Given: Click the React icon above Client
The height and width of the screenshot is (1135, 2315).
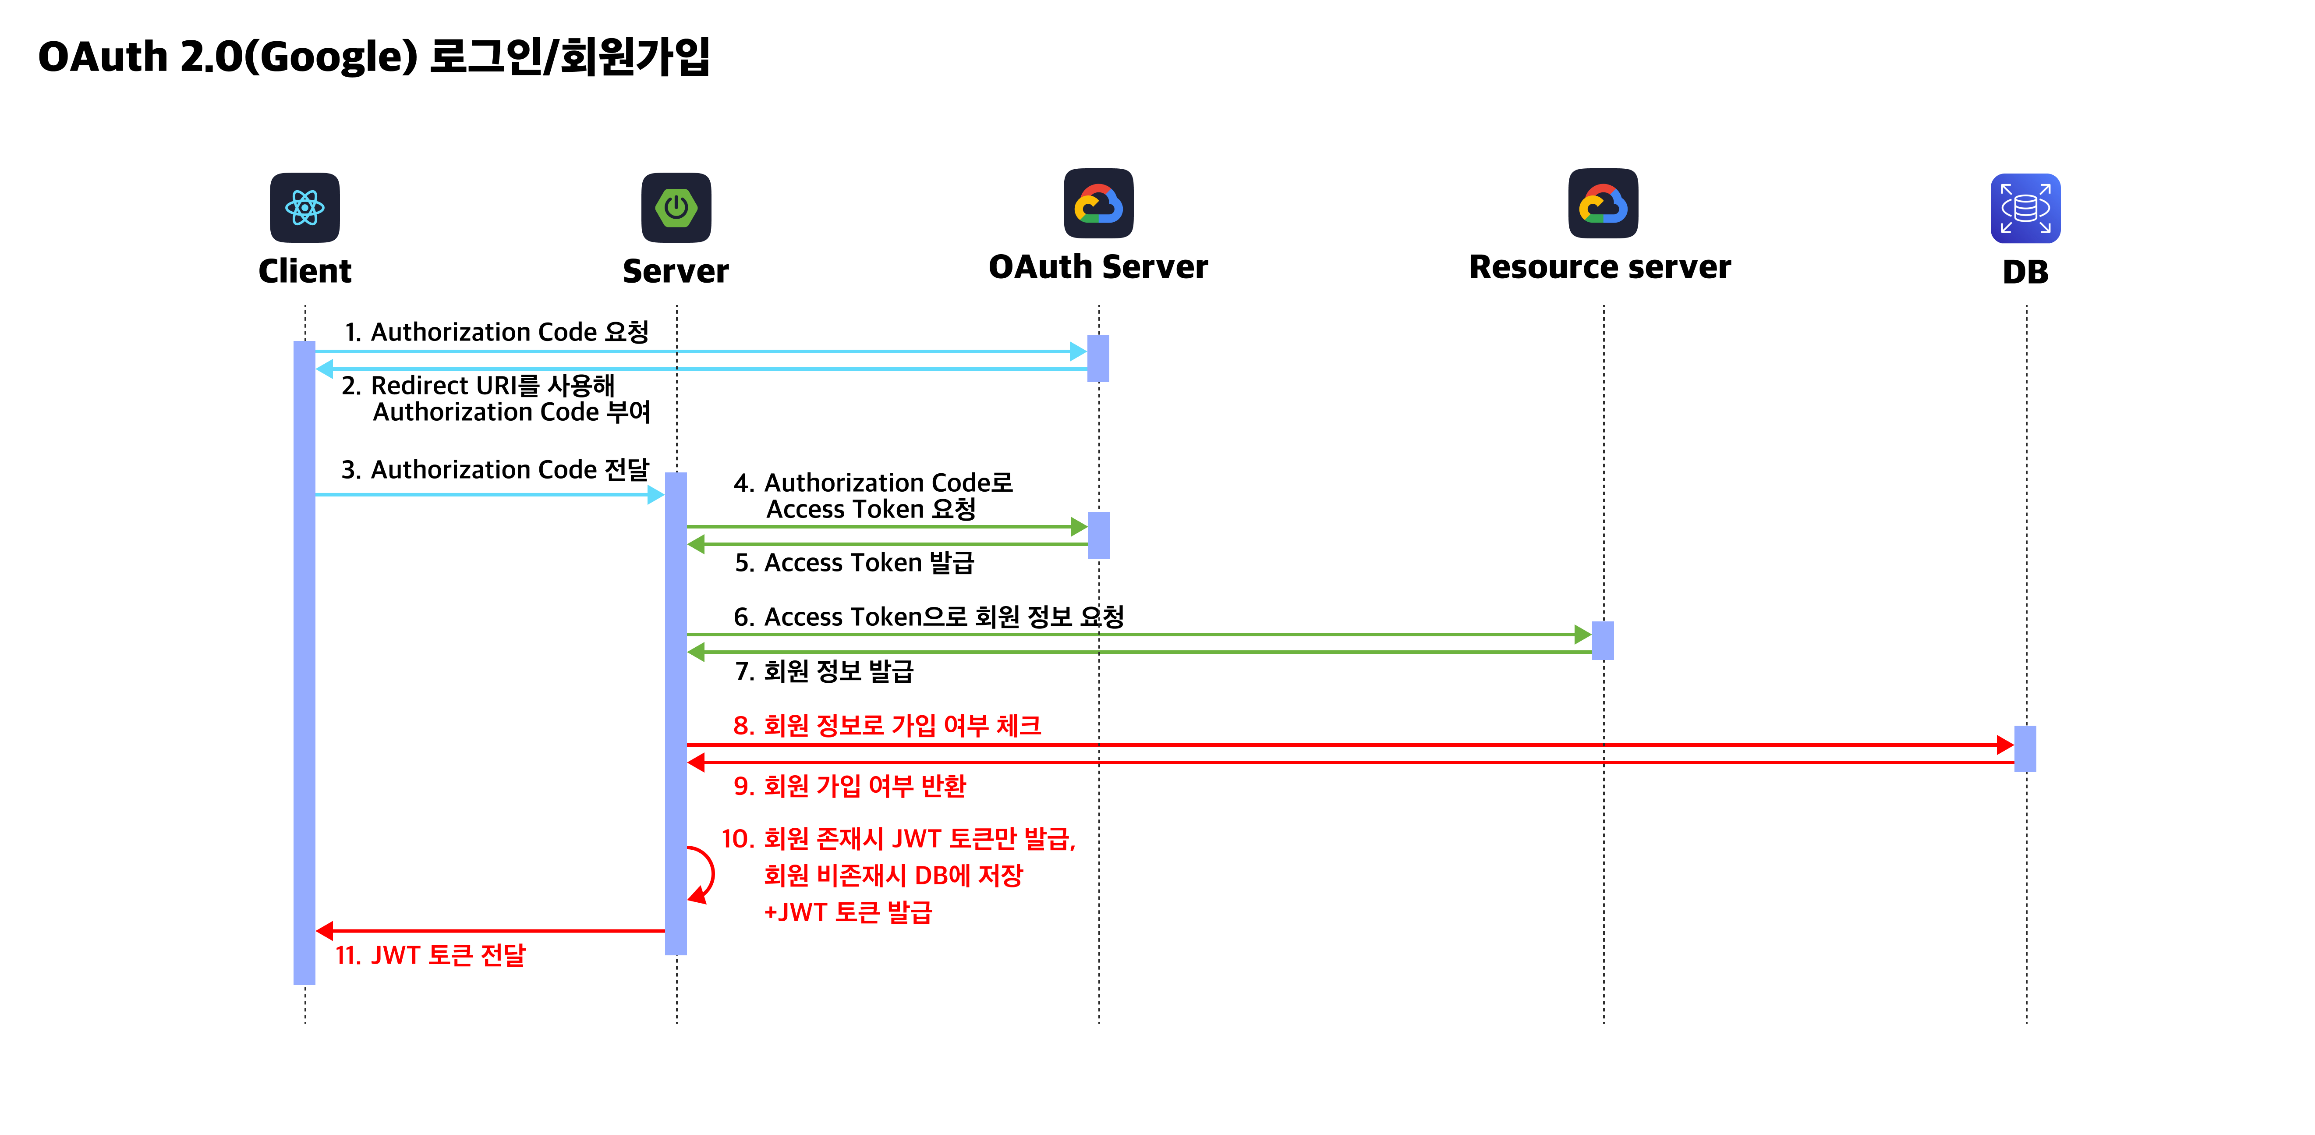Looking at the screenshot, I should point(304,208).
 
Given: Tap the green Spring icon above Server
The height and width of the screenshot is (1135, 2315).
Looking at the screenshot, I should point(676,208).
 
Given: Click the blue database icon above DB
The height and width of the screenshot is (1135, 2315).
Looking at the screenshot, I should point(2025,209).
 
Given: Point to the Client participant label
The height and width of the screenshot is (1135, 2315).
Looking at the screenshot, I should point(304,270).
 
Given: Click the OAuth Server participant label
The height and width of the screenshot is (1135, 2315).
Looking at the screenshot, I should point(1098,267).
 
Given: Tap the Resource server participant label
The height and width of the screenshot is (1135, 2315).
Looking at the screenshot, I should point(1600,267).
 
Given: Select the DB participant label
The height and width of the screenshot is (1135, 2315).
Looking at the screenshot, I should point(2025,271).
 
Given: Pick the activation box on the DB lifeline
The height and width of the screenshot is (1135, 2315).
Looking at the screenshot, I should point(2025,748).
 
